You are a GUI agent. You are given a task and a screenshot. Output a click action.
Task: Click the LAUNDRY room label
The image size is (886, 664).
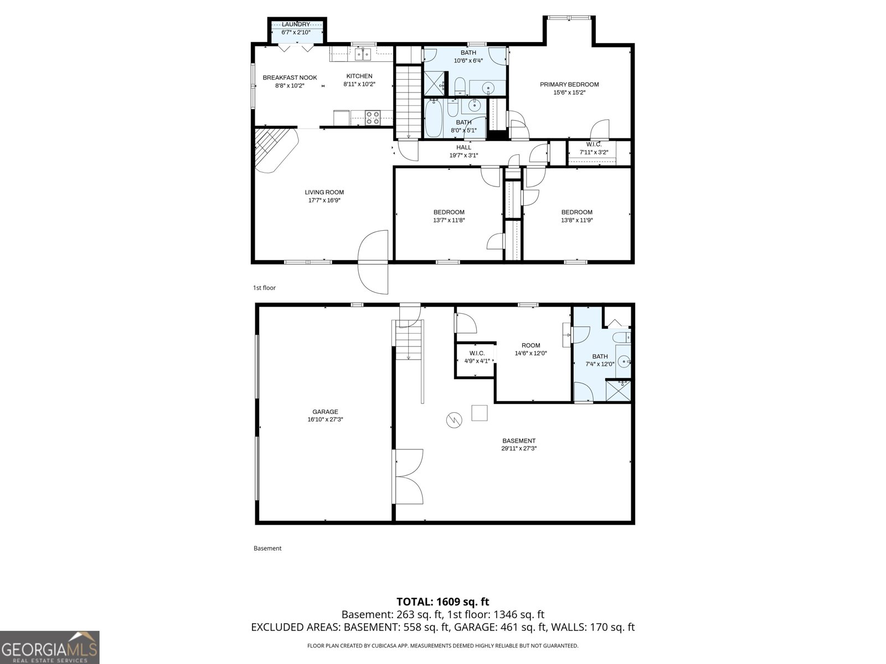coord(296,24)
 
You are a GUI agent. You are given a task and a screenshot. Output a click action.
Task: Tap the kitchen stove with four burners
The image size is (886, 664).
coord(373,117)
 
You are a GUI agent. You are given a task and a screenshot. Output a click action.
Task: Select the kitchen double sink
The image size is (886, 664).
coord(362,54)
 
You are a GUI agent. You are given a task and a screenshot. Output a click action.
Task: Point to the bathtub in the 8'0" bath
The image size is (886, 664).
coord(433,118)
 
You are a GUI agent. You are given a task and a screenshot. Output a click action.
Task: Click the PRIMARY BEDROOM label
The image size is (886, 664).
coord(569,85)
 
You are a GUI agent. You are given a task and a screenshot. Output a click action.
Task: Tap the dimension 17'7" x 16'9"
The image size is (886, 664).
coord(324,200)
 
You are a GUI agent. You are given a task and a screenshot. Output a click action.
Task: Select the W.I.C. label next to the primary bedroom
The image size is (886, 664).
coord(594,144)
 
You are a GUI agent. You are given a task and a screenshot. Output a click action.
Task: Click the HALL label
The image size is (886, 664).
coord(463,147)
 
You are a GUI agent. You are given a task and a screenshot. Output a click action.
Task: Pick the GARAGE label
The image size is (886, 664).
coord(325,412)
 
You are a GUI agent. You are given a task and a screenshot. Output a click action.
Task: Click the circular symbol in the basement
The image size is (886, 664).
coord(453,420)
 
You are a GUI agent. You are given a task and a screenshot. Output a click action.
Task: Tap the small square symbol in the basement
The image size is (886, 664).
coord(479,413)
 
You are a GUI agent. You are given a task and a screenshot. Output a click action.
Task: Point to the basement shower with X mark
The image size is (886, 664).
coord(618,390)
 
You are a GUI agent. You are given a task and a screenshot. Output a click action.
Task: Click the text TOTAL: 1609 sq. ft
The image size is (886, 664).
coord(442,601)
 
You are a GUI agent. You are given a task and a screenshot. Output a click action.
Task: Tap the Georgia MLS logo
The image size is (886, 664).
coord(49,647)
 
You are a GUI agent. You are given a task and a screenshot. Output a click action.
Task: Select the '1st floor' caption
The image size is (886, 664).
coord(264,288)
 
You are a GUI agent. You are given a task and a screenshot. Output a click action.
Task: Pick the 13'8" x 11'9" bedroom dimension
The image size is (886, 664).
coord(576,220)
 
